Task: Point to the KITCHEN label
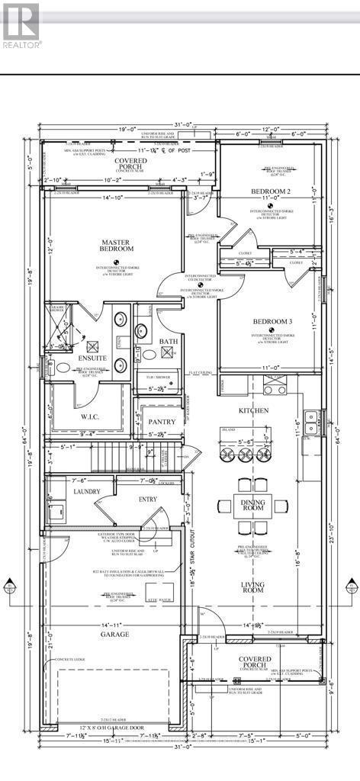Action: (x=252, y=410)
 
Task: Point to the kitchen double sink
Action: (x=310, y=417)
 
